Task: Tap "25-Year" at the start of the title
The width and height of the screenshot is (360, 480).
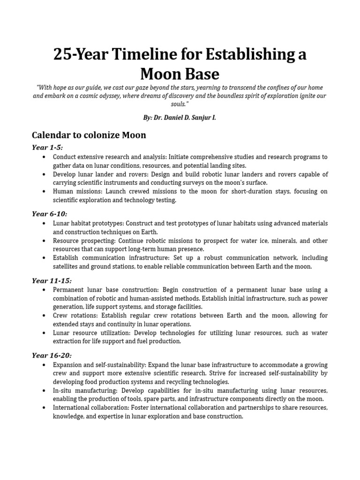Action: tap(77, 55)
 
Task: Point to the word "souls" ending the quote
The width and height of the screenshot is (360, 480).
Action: tap(178, 104)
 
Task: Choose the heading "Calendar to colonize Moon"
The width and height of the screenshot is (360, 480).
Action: tap(89, 135)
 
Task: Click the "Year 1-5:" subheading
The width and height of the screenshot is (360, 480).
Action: tap(47, 147)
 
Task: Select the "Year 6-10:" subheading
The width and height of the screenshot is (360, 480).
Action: tap(49, 214)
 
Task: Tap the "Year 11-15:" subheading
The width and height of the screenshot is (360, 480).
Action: tap(51, 280)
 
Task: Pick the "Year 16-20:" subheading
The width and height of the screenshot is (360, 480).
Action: tap(51, 355)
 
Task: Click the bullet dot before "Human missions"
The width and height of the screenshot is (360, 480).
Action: tap(44, 192)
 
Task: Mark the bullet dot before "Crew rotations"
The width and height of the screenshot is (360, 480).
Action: tap(44, 316)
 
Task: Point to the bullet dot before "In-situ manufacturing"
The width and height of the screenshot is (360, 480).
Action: tap(44, 390)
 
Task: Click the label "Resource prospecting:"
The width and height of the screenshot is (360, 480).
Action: tap(81, 241)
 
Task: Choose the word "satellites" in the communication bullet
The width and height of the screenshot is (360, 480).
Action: tap(67, 266)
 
